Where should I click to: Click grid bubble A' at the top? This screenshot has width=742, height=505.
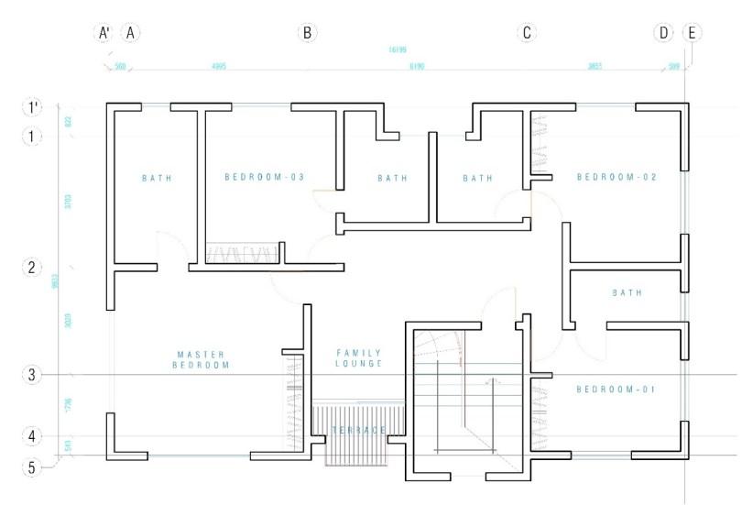(104, 33)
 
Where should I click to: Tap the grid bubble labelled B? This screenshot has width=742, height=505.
(308, 33)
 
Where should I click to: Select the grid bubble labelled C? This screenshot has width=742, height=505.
(527, 33)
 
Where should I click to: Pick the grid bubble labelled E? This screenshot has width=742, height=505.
(692, 33)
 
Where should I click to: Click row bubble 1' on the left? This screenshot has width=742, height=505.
(32, 107)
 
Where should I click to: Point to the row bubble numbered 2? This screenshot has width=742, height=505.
(32, 268)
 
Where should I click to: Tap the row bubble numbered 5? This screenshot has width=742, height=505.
(32, 467)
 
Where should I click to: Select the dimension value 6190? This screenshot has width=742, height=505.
(417, 67)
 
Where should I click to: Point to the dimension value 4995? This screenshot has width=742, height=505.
(219, 67)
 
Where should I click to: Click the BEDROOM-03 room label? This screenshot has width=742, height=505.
(264, 177)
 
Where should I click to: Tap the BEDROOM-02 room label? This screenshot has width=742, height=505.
(617, 177)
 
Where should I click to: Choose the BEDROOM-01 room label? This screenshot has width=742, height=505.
(617, 390)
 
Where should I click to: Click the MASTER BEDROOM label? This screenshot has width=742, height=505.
(201, 359)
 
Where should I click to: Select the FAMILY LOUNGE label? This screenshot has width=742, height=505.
(358, 358)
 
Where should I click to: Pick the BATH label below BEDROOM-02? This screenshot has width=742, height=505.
(627, 293)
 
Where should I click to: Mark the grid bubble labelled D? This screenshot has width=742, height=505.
(663, 33)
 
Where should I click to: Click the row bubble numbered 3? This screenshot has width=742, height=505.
(32, 374)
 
